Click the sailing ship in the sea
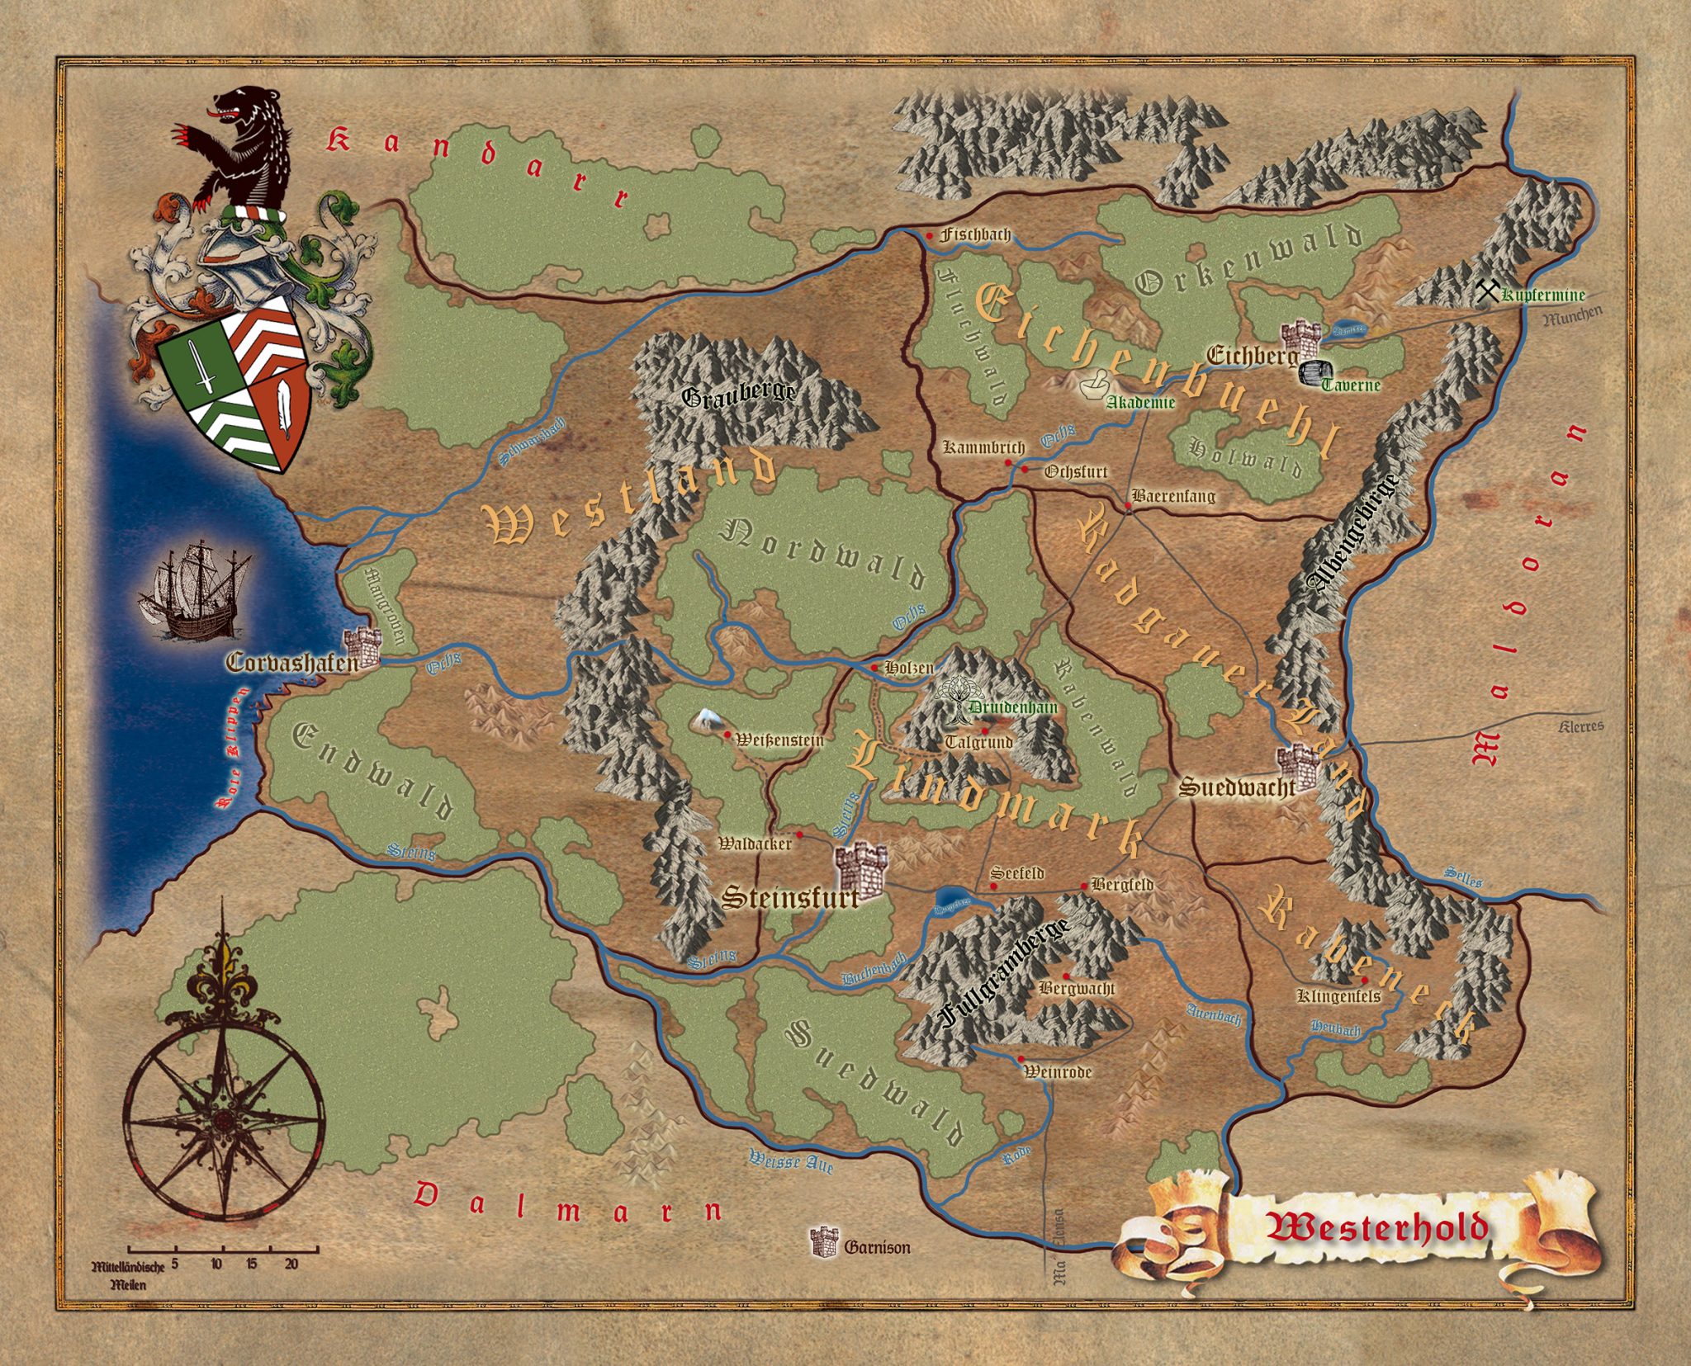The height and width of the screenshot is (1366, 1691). (195, 591)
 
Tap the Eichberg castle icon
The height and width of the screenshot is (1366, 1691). (1300, 338)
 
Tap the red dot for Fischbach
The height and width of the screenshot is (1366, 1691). (931, 236)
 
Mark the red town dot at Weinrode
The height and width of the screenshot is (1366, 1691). (1021, 1059)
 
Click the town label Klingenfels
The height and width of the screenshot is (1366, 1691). (1338, 996)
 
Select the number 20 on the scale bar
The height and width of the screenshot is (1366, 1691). (291, 1264)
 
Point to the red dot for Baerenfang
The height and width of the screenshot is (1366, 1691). (1129, 506)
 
